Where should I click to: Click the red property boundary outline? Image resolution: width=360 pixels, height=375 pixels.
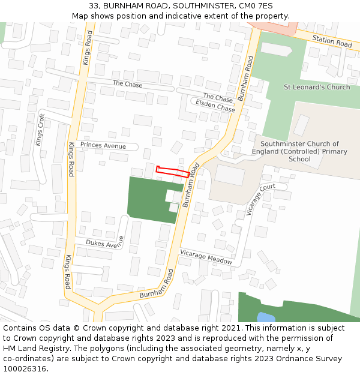(173, 171)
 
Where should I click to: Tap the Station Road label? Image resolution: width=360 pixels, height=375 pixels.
(332, 41)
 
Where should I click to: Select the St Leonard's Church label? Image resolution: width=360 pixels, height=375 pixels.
(316, 87)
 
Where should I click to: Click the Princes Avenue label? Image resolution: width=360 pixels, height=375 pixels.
(103, 146)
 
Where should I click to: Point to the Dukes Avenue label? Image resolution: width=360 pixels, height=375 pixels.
(104, 243)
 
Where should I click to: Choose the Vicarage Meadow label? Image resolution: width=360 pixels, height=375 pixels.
(206, 257)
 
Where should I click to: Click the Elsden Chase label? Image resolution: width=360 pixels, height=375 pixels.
(215, 106)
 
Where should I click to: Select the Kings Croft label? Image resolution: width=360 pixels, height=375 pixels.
(40, 130)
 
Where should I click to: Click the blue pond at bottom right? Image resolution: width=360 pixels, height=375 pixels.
(266, 317)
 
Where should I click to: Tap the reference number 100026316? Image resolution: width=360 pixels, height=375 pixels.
(25, 368)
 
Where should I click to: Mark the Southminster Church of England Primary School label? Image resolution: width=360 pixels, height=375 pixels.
(304, 151)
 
